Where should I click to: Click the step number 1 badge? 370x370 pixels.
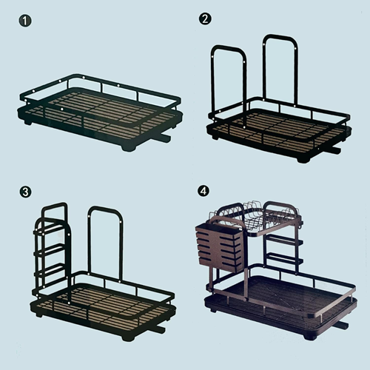coord(25,21)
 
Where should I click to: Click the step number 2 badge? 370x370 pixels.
coord(205,18)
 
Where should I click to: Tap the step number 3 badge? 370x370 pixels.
coord(25,192)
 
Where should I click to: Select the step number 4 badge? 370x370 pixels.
coord(203,191)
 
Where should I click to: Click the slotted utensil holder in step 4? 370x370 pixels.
coord(220,246)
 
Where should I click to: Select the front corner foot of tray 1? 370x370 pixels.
coord(129,148)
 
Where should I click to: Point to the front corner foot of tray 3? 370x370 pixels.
coord(129,337)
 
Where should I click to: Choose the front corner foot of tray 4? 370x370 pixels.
coord(310,336)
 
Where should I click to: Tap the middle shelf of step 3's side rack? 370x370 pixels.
coord(50,249)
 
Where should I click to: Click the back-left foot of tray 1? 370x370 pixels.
coord(27,121)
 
